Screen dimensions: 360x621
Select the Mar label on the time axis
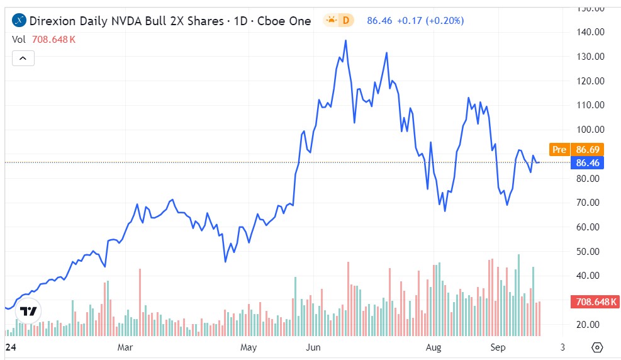click(x=125, y=347)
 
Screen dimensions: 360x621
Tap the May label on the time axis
click(x=249, y=347)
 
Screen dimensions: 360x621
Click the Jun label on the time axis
click(x=312, y=347)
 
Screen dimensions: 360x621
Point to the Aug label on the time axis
click(x=434, y=347)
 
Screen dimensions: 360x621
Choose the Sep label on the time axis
click(x=498, y=347)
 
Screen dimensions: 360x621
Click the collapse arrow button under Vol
click(x=23, y=59)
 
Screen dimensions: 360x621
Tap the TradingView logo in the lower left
click(x=28, y=312)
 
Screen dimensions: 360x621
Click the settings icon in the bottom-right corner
click(x=598, y=347)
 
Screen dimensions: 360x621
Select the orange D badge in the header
click(x=345, y=21)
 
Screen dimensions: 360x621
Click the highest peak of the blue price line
click(x=345, y=40)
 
